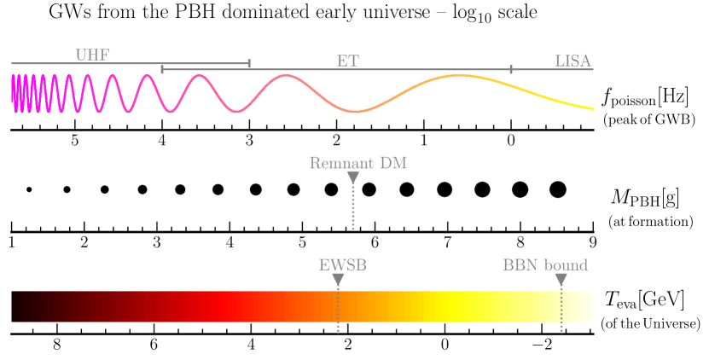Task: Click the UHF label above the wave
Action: (92, 55)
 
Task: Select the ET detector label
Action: (347, 61)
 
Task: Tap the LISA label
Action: (572, 61)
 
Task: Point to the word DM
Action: (393, 163)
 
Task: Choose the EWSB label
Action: (343, 264)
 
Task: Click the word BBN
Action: (520, 264)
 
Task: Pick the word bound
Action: (567, 264)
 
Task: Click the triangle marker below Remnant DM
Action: (352, 177)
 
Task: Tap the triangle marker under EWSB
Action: (338, 280)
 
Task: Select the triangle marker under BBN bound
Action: (561, 280)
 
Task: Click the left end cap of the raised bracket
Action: (162, 66)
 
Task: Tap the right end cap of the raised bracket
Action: (249, 64)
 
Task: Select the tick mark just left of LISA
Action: (511, 68)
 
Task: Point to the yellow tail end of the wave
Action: (584, 107)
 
